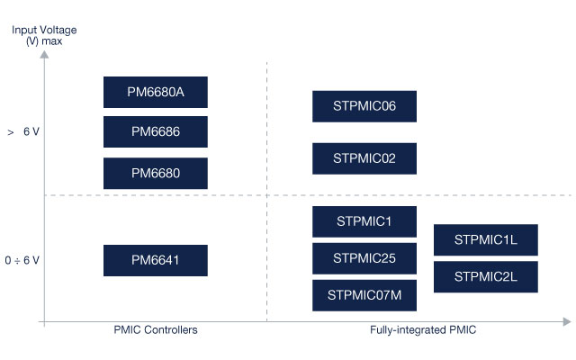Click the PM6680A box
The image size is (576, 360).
coord(156,92)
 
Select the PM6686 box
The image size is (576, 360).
coord(156,131)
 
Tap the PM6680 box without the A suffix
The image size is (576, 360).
coord(156,173)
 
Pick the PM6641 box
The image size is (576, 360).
coord(156,260)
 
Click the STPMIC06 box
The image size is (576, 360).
coord(364,106)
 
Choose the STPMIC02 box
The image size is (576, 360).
coord(364,158)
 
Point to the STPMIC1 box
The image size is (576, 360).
coord(364,221)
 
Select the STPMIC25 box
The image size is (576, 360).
coord(364,257)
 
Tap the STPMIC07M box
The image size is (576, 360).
coord(364,294)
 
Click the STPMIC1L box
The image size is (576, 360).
coord(485,239)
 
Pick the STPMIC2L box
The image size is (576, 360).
coord(485,276)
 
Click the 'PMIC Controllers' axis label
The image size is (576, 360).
coord(155,330)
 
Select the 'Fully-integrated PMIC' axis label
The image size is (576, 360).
coord(422,330)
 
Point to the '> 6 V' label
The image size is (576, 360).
coord(23,131)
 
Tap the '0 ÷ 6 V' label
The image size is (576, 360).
coord(22,260)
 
